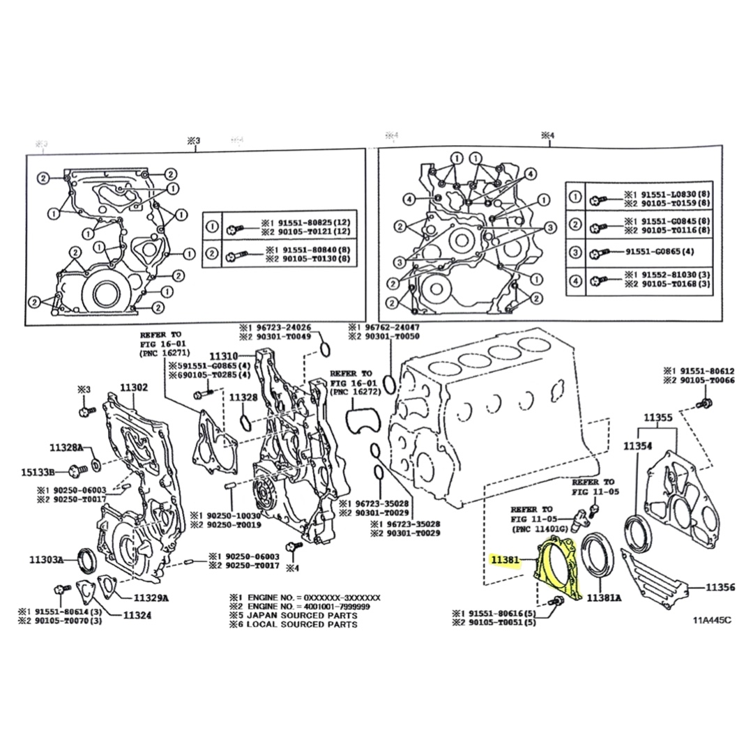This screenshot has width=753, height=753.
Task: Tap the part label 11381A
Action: tap(604, 598)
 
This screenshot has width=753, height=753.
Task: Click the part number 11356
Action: tap(720, 588)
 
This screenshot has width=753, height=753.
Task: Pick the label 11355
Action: tap(657, 418)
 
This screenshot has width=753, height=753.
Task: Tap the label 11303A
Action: tap(47, 558)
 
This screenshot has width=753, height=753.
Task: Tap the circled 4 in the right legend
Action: tap(575, 282)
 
